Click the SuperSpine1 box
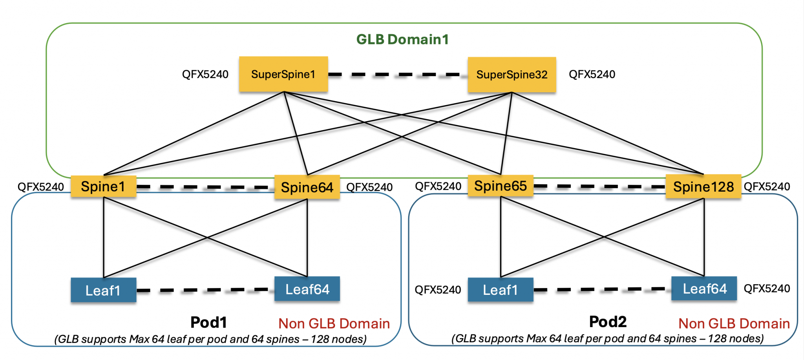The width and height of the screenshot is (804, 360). coord(283,74)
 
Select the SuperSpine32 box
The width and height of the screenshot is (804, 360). coord(512,75)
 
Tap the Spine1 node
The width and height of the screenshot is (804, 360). coord(103,186)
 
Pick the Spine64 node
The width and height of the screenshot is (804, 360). coord(307,187)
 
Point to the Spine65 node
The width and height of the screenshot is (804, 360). coord(501,186)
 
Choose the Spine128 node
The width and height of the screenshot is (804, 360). coord(703,186)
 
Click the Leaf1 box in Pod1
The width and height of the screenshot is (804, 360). coord(103,290)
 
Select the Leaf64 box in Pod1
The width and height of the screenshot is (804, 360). coord(307,289)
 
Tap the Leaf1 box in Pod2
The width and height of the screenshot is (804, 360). coord(501,290)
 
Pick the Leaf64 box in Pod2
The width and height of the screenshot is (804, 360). coord(704,289)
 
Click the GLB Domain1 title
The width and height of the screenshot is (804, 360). coord(402,39)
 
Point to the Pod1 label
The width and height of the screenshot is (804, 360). coord(208,322)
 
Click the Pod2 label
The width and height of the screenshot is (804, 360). coord(608,322)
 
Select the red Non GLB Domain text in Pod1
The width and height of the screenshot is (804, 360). coord(334,323)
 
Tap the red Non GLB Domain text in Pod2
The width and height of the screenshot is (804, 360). coord(734,323)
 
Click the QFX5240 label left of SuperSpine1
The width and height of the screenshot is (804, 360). coord(205,74)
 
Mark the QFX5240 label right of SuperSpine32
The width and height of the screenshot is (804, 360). coord(592,74)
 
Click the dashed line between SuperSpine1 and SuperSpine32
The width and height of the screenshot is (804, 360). coord(397,75)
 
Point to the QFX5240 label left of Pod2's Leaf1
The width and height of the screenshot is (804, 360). coord(438,290)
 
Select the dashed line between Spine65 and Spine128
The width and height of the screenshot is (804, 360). coord(599,186)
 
